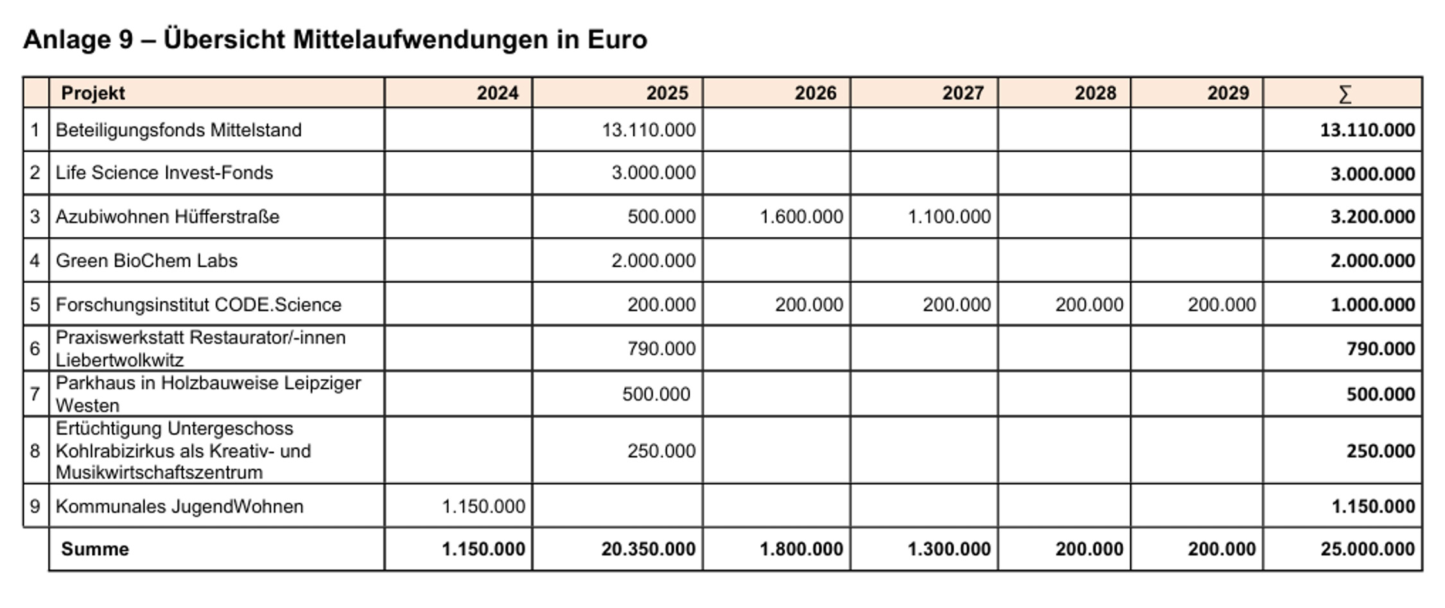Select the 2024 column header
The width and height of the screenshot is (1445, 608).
497,93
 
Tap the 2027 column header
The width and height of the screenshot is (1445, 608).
963,93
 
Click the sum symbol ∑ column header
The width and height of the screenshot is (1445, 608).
1344,94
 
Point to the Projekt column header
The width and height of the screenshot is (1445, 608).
92,93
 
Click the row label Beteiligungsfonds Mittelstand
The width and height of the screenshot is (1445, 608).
179,130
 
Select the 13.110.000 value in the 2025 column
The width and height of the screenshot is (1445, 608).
648,130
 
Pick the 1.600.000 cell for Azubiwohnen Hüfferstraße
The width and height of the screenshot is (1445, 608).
801,217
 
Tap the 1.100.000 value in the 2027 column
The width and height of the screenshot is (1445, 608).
949,217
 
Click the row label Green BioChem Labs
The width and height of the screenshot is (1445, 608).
146,260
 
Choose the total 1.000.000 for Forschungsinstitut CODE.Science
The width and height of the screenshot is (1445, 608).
1372,305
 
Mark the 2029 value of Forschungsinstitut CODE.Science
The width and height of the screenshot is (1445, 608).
1222,305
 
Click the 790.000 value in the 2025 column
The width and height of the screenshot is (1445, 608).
661,348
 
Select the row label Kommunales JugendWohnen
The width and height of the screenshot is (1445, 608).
179,506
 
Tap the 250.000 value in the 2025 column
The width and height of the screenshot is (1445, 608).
661,451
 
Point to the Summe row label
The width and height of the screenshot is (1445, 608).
95,549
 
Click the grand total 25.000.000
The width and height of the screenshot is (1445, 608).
1367,549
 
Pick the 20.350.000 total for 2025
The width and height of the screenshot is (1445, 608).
648,549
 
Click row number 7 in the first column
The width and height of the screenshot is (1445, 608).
35,393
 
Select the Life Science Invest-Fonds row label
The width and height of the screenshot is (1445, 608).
164,173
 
